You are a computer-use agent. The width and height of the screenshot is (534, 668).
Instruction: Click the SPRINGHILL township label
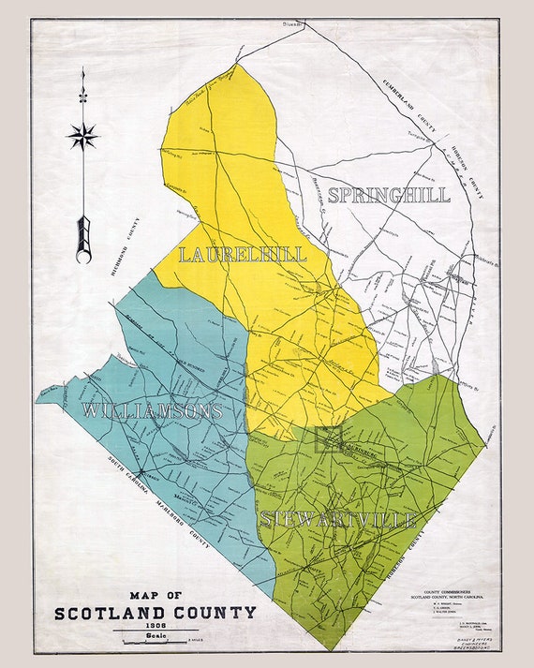tap(389, 196)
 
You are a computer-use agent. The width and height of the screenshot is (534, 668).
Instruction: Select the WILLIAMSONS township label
tap(152, 410)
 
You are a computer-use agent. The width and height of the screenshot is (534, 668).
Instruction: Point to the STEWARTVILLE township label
tap(337, 519)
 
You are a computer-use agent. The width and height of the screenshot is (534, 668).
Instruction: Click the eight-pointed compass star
tap(82, 137)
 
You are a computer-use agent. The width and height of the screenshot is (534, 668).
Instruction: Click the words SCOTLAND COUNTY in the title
tap(155, 614)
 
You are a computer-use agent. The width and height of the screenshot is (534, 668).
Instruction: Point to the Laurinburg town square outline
tap(329, 438)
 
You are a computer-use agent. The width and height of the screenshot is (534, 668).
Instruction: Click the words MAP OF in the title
tap(156, 596)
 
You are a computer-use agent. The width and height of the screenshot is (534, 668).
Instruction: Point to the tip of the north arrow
tap(82, 70)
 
